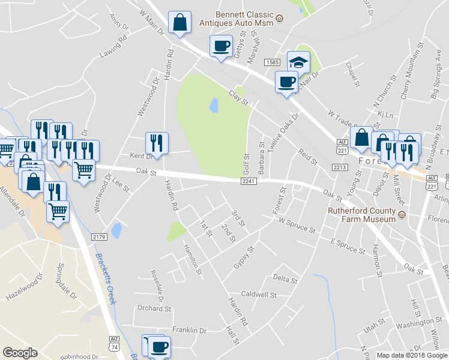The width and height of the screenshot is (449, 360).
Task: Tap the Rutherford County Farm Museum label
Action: (362, 214)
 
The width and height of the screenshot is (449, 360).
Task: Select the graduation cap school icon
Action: (298, 61)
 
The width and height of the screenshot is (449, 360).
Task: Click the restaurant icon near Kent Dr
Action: (157, 143)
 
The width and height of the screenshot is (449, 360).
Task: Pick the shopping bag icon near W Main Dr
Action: (179, 23)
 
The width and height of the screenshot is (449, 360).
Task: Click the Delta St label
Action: (285, 279)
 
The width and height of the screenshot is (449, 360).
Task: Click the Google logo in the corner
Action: (20, 353)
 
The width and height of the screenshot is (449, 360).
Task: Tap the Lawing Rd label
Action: (114, 46)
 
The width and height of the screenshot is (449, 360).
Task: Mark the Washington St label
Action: (411, 325)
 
